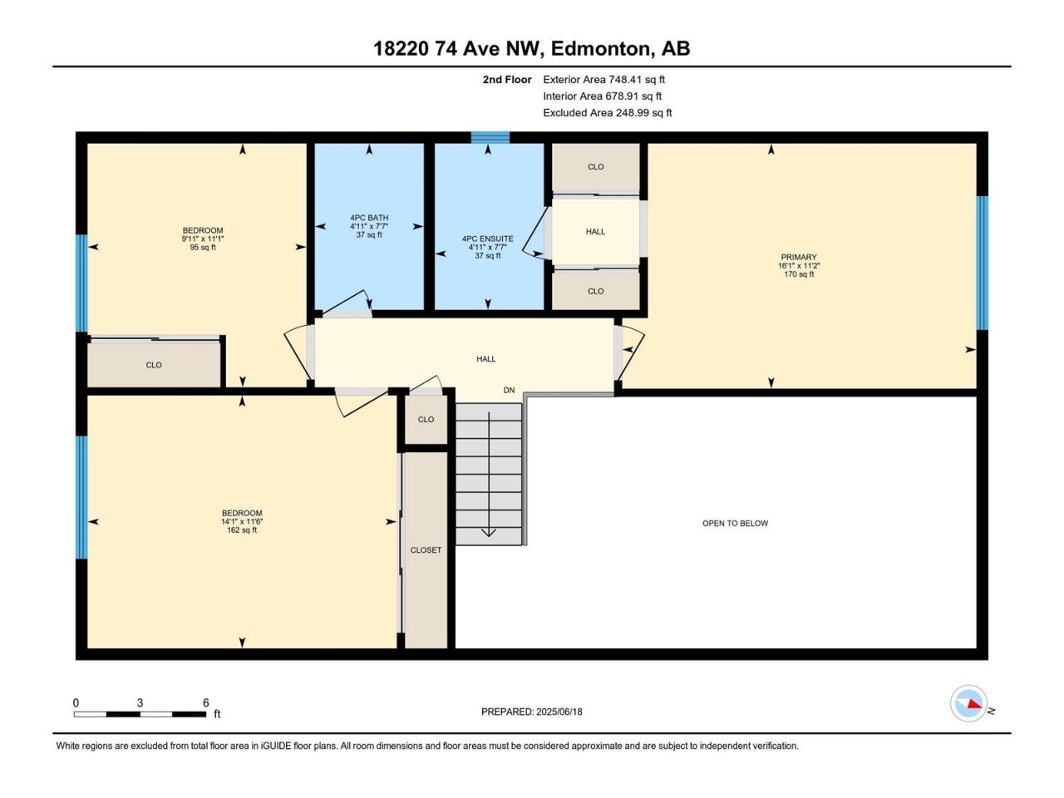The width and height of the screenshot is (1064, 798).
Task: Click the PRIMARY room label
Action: point(798,257)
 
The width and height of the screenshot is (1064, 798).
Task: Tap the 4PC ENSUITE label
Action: point(488,239)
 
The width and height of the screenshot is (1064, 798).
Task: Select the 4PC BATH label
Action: point(369,218)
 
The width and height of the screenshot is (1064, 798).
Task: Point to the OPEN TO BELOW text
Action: point(735,524)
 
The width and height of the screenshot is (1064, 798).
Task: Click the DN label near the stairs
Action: point(509,390)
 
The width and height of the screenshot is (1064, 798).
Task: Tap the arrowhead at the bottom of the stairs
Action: point(489,533)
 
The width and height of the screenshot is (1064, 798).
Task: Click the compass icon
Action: point(968,703)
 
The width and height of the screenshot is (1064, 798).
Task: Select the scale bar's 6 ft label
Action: point(205,702)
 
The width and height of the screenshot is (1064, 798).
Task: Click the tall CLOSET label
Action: point(426,550)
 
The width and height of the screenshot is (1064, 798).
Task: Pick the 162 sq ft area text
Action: point(242,530)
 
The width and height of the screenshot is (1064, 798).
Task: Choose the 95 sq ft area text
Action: point(203,247)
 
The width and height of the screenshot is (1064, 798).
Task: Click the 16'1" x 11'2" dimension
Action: point(799,265)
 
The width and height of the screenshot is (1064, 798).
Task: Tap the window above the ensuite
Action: point(490,138)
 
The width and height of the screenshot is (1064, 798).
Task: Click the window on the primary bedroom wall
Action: point(982,263)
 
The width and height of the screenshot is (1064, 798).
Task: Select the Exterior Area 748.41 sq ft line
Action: point(604,80)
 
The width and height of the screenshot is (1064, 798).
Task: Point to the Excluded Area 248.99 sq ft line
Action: point(608,113)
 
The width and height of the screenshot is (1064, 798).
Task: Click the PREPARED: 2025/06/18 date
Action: point(532,712)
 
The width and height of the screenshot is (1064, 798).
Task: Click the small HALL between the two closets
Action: point(595,232)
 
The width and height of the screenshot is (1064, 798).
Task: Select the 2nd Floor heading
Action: point(507,80)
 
